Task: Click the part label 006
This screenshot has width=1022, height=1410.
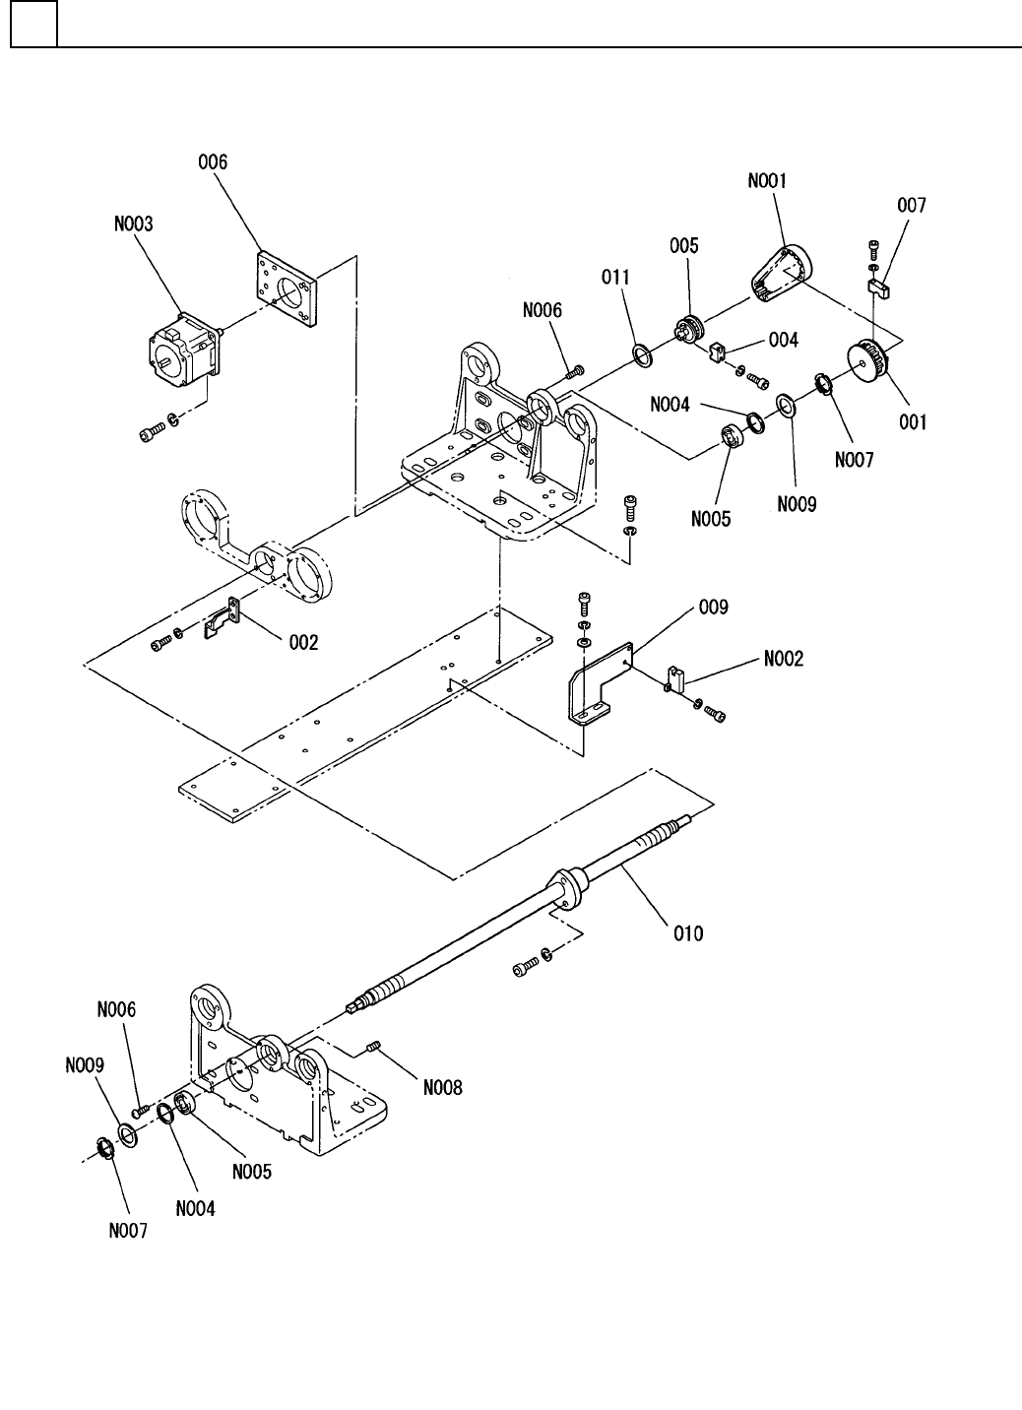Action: point(213,162)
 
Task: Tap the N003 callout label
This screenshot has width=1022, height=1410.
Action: point(134,224)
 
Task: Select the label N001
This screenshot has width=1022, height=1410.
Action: point(767,180)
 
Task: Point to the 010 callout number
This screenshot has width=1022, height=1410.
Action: point(688,933)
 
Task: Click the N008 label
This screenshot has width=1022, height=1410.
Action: point(442,1088)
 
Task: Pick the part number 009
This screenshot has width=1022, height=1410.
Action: point(713,608)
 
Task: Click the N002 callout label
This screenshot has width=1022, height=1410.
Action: point(784,659)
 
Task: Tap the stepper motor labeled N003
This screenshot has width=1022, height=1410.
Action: point(184,350)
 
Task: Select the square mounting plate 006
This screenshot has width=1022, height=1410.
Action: point(287,289)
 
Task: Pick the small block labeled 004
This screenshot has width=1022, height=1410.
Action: point(718,352)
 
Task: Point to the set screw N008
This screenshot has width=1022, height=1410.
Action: point(373,1046)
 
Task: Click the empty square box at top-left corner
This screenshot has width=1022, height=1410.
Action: point(34,24)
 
